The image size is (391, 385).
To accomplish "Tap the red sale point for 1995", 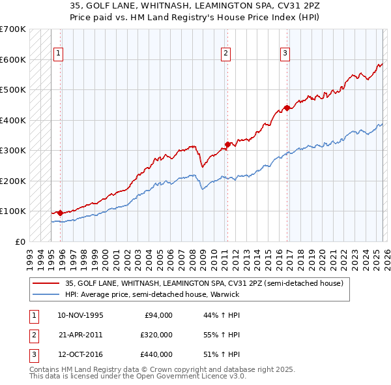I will [61, 213].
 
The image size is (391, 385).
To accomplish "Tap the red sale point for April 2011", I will [227, 144].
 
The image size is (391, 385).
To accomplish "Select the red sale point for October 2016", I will [287, 108].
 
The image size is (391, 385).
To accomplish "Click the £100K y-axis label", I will [13, 211].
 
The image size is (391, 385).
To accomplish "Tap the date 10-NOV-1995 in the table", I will [80, 315].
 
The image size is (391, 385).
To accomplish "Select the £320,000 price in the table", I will [156, 335].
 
